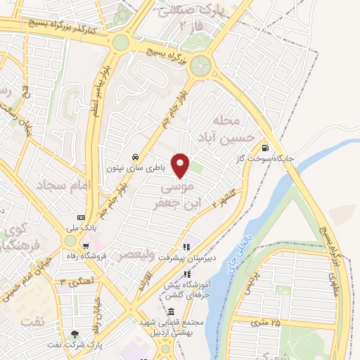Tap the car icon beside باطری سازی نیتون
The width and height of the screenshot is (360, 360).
[x=134, y=156]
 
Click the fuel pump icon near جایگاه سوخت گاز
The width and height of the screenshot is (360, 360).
[x=264, y=148]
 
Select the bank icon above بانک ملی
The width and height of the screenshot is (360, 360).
[x=82, y=217]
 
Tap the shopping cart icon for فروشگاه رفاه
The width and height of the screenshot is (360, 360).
[x=85, y=246]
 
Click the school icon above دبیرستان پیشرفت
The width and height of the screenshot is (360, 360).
[x=186, y=247]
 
